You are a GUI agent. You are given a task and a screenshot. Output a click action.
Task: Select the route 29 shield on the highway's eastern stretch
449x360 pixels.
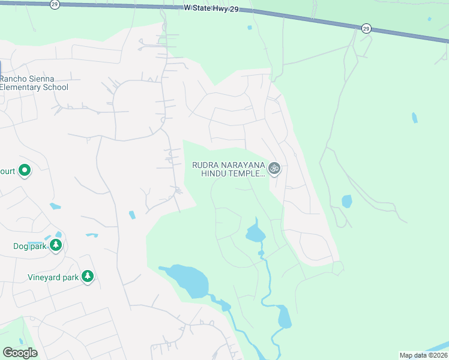coord(366,28)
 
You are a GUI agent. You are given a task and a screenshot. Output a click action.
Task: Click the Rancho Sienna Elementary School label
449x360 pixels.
coord(34,83)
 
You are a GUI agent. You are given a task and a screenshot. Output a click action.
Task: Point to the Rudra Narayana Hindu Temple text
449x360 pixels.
coord(228,169)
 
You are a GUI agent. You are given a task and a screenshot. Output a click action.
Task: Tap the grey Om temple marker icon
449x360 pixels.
coord(274,169)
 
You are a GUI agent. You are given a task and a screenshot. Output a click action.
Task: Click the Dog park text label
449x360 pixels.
coord(30,246)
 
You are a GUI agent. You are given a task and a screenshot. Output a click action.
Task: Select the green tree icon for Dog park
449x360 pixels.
coord(56,245)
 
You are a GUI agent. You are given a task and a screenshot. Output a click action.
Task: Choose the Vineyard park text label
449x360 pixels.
coord(53,277)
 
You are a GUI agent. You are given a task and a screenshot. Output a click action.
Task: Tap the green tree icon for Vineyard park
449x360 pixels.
coord(88,277)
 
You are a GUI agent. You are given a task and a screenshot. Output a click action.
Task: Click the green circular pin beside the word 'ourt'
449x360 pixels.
coord(25,172)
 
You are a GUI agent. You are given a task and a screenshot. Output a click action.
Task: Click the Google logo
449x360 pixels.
coord(20,353)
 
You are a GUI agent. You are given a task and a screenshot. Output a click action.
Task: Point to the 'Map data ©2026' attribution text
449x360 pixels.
coord(423,355)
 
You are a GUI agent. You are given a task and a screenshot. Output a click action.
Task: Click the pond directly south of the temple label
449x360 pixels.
coord(255,232)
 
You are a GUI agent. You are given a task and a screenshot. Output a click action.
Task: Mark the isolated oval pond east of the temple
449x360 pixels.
coord(347,201)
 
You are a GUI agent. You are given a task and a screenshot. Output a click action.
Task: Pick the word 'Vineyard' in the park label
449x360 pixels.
coord(44,277)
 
